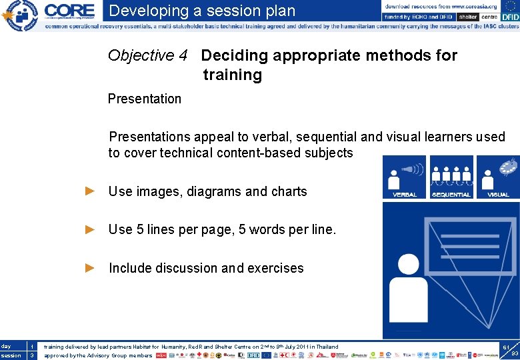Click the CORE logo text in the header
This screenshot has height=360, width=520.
[69, 10]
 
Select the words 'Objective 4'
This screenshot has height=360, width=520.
[147, 55]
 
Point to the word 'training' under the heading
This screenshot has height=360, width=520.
[232, 75]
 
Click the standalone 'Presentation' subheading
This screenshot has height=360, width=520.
[144, 99]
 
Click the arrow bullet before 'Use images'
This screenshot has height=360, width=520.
[91, 191]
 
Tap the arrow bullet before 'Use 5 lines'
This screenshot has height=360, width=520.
[91, 230]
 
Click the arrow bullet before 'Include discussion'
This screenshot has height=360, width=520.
[91, 268]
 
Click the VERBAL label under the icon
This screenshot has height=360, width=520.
[405, 195]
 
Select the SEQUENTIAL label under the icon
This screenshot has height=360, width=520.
[451, 195]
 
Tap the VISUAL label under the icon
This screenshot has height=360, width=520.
[498, 195]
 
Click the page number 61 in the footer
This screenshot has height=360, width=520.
[507, 347]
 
